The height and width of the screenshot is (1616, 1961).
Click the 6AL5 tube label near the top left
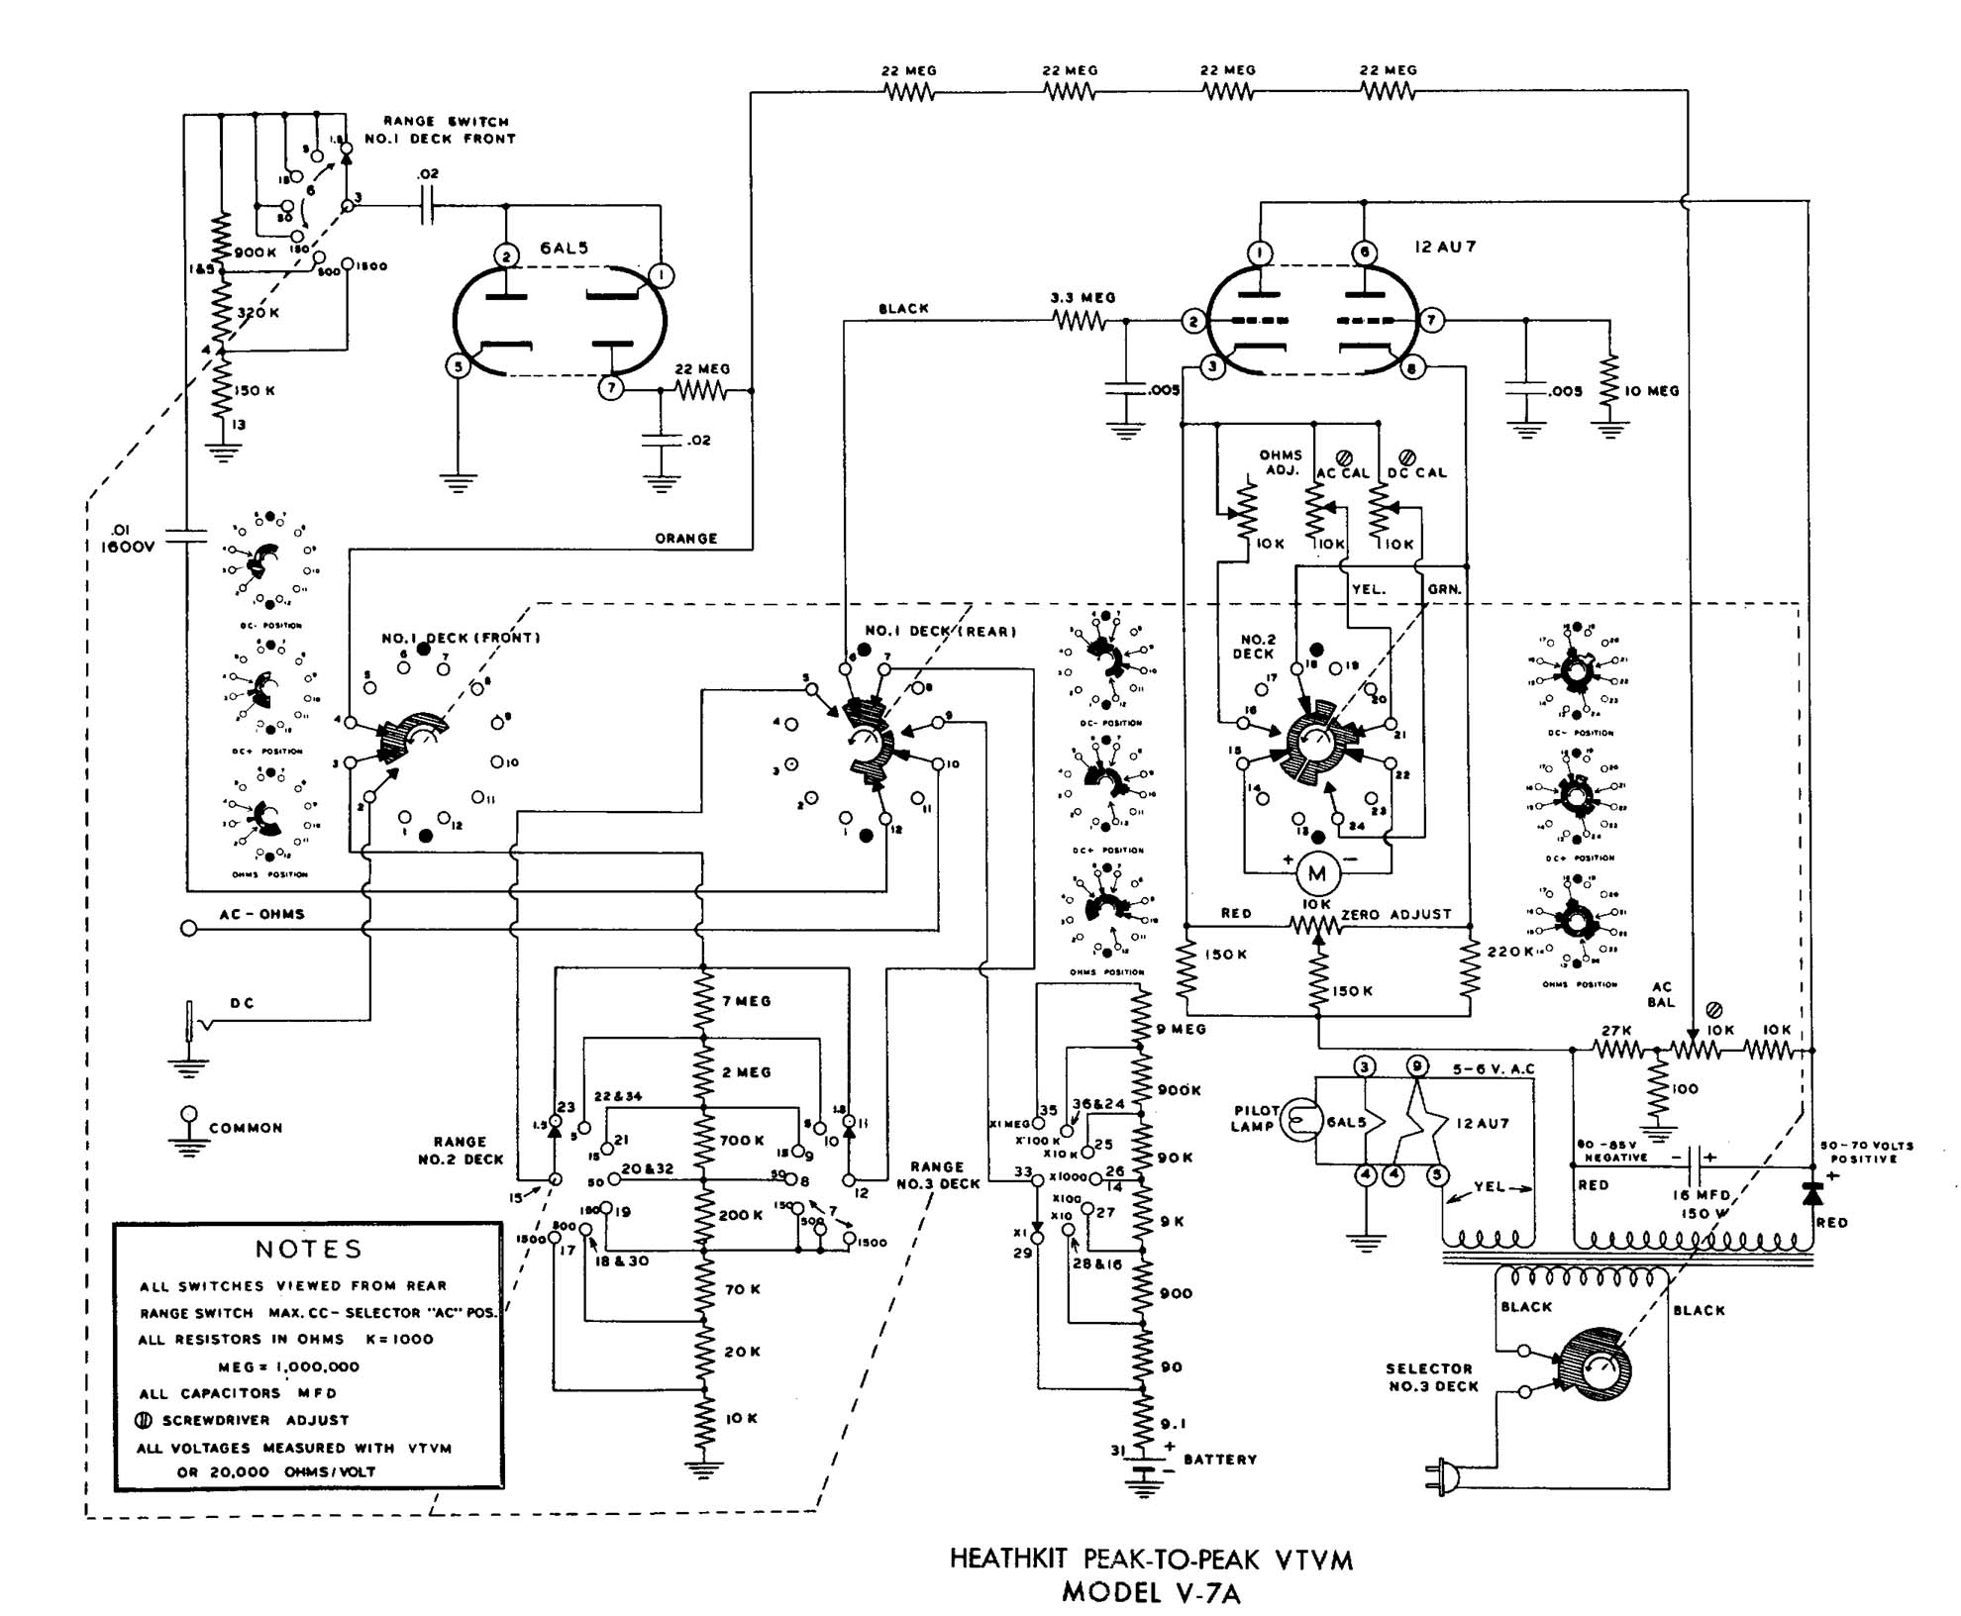(564, 248)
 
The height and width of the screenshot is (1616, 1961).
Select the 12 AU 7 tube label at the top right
(1445, 247)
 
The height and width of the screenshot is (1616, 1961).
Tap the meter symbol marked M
(1317, 873)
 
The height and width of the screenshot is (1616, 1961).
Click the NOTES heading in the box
(309, 1249)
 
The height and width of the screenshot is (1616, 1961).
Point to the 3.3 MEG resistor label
(1083, 297)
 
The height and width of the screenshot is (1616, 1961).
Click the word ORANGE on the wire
(685, 539)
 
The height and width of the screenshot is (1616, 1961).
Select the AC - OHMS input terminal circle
(188, 928)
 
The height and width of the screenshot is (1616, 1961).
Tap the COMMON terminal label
(246, 1128)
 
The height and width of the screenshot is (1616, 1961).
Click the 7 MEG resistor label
(746, 1001)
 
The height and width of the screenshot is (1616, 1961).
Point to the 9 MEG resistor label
(1182, 1029)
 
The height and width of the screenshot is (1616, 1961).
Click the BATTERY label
(1219, 1460)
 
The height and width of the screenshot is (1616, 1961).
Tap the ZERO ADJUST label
(1395, 914)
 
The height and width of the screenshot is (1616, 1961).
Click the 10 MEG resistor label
(1651, 391)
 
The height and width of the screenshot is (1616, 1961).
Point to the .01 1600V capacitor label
(128, 538)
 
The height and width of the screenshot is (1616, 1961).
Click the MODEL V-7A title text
(1150, 1592)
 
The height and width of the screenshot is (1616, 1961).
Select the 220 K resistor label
(1510, 951)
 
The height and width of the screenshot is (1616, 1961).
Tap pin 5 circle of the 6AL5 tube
(458, 366)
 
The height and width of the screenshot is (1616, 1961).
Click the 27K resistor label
(1615, 1031)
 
